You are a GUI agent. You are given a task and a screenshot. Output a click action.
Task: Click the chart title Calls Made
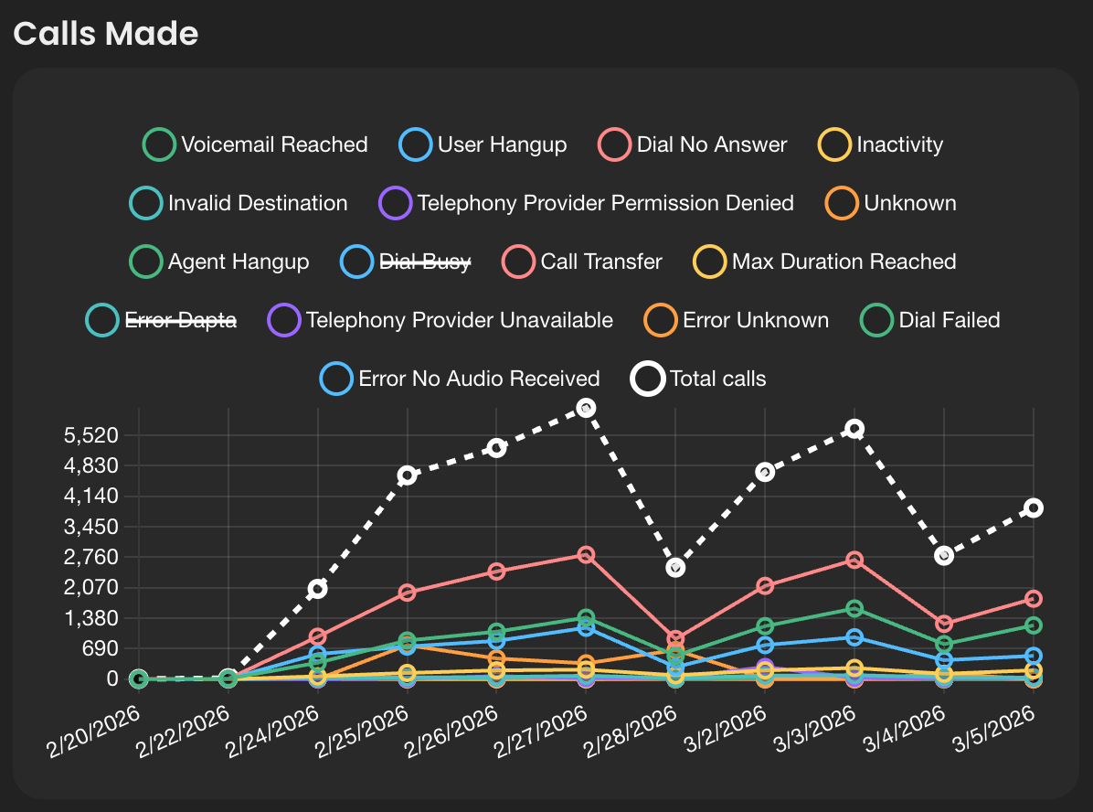[x=106, y=34]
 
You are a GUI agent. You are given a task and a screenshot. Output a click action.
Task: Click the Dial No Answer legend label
[x=712, y=144]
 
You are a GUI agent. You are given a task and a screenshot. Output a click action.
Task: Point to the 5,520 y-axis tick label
[x=92, y=435]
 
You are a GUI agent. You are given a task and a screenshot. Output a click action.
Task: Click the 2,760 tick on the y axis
[x=92, y=557]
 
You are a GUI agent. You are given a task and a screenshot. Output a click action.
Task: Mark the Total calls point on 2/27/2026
[x=586, y=408]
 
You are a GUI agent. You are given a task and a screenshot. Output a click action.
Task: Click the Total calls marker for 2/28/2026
[x=675, y=568]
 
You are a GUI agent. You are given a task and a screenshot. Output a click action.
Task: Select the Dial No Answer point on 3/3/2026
[x=854, y=560]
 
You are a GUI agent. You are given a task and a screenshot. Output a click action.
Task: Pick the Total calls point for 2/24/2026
[x=317, y=589]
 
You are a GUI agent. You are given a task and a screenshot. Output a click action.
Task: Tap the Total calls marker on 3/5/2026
[x=1034, y=508]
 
